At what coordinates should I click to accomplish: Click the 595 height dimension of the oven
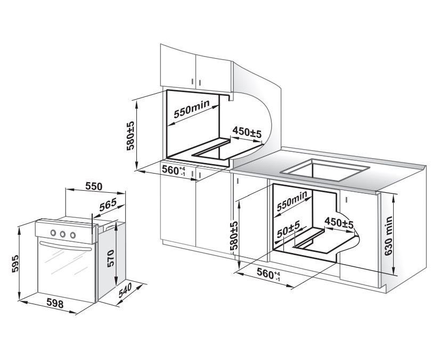(x=15, y=263)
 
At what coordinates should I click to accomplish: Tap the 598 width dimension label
(x=55, y=304)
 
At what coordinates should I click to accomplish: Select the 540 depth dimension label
(x=125, y=290)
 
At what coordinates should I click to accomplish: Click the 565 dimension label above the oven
(x=108, y=205)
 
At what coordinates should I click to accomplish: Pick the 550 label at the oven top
(x=94, y=186)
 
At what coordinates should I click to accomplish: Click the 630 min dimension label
(x=389, y=236)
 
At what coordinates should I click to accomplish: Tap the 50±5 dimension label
(x=289, y=228)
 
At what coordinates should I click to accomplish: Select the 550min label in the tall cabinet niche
(x=192, y=109)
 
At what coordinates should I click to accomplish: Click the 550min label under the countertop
(x=292, y=201)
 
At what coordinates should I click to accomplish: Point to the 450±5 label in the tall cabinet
(x=247, y=132)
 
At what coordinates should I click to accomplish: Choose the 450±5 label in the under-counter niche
(x=339, y=223)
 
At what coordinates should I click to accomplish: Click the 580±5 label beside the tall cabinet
(x=130, y=136)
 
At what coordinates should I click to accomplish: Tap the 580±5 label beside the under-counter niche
(x=234, y=235)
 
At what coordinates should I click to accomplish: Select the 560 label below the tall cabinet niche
(x=174, y=170)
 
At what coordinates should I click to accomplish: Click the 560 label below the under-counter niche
(x=268, y=274)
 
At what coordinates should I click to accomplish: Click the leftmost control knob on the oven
(x=53, y=233)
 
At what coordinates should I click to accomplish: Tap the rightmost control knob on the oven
(x=72, y=235)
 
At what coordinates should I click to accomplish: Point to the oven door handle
(x=65, y=247)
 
